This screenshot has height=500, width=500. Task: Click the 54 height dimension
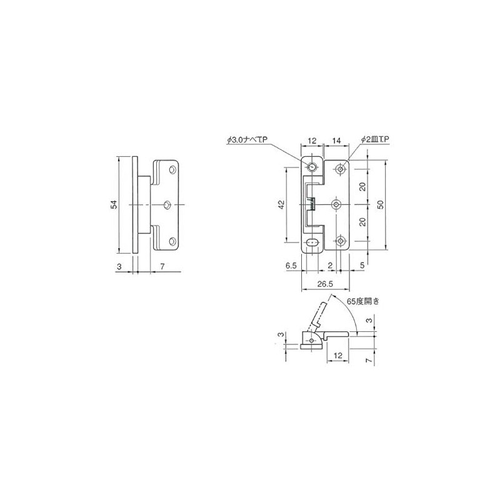coord(114,205)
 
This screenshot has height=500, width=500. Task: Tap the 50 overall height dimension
coord(381,204)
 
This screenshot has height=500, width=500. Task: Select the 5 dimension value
coord(362,265)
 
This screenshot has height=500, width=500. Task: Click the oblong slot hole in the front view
coord(312,242)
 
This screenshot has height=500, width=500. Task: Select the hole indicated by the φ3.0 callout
coord(312,167)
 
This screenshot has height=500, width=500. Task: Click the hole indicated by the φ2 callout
coord(340,167)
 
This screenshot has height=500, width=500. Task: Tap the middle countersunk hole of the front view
coord(337,204)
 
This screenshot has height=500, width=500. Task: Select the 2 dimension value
coord(329,265)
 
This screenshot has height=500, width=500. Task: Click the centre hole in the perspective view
coord(167,204)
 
